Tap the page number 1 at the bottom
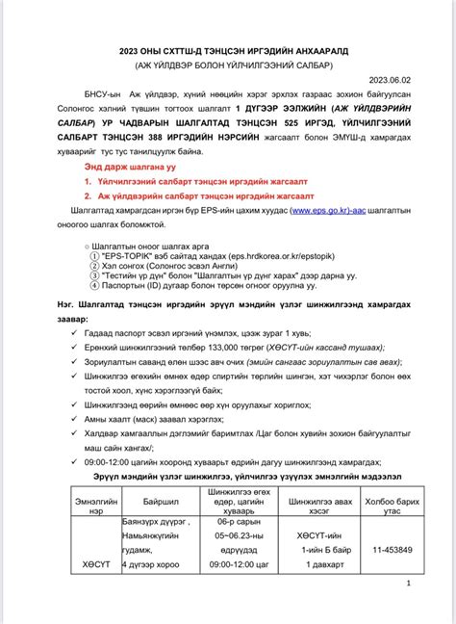[409, 584]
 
